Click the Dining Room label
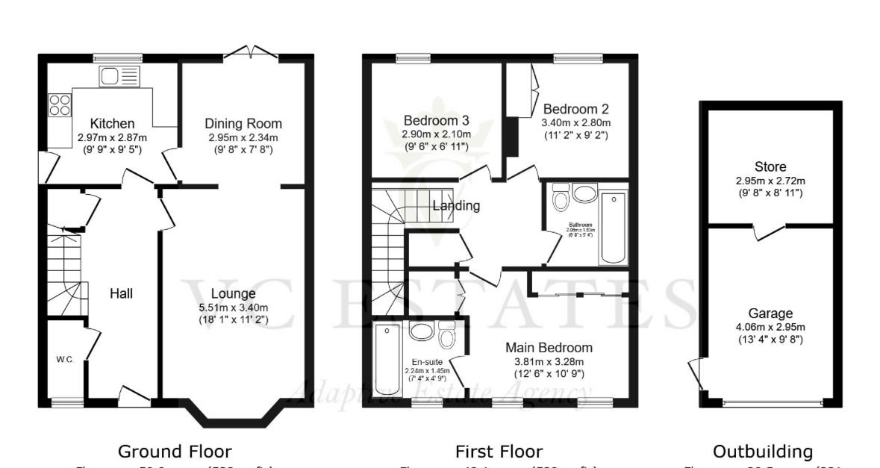pos(243,123)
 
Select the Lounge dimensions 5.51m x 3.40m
pos(233,307)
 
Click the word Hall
pos(121,293)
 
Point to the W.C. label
pos(64,360)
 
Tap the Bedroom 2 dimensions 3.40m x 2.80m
pos(575,122)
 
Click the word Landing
pos(456,205)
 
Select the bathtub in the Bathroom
pos(614,227)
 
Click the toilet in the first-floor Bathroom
pos(560,199)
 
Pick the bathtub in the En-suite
pos(387,360)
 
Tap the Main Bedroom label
pos(549,348)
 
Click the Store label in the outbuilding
pos(770,166)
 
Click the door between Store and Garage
pos(768,231)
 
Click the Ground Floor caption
pos(175,451)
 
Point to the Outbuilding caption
pos(762,451)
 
